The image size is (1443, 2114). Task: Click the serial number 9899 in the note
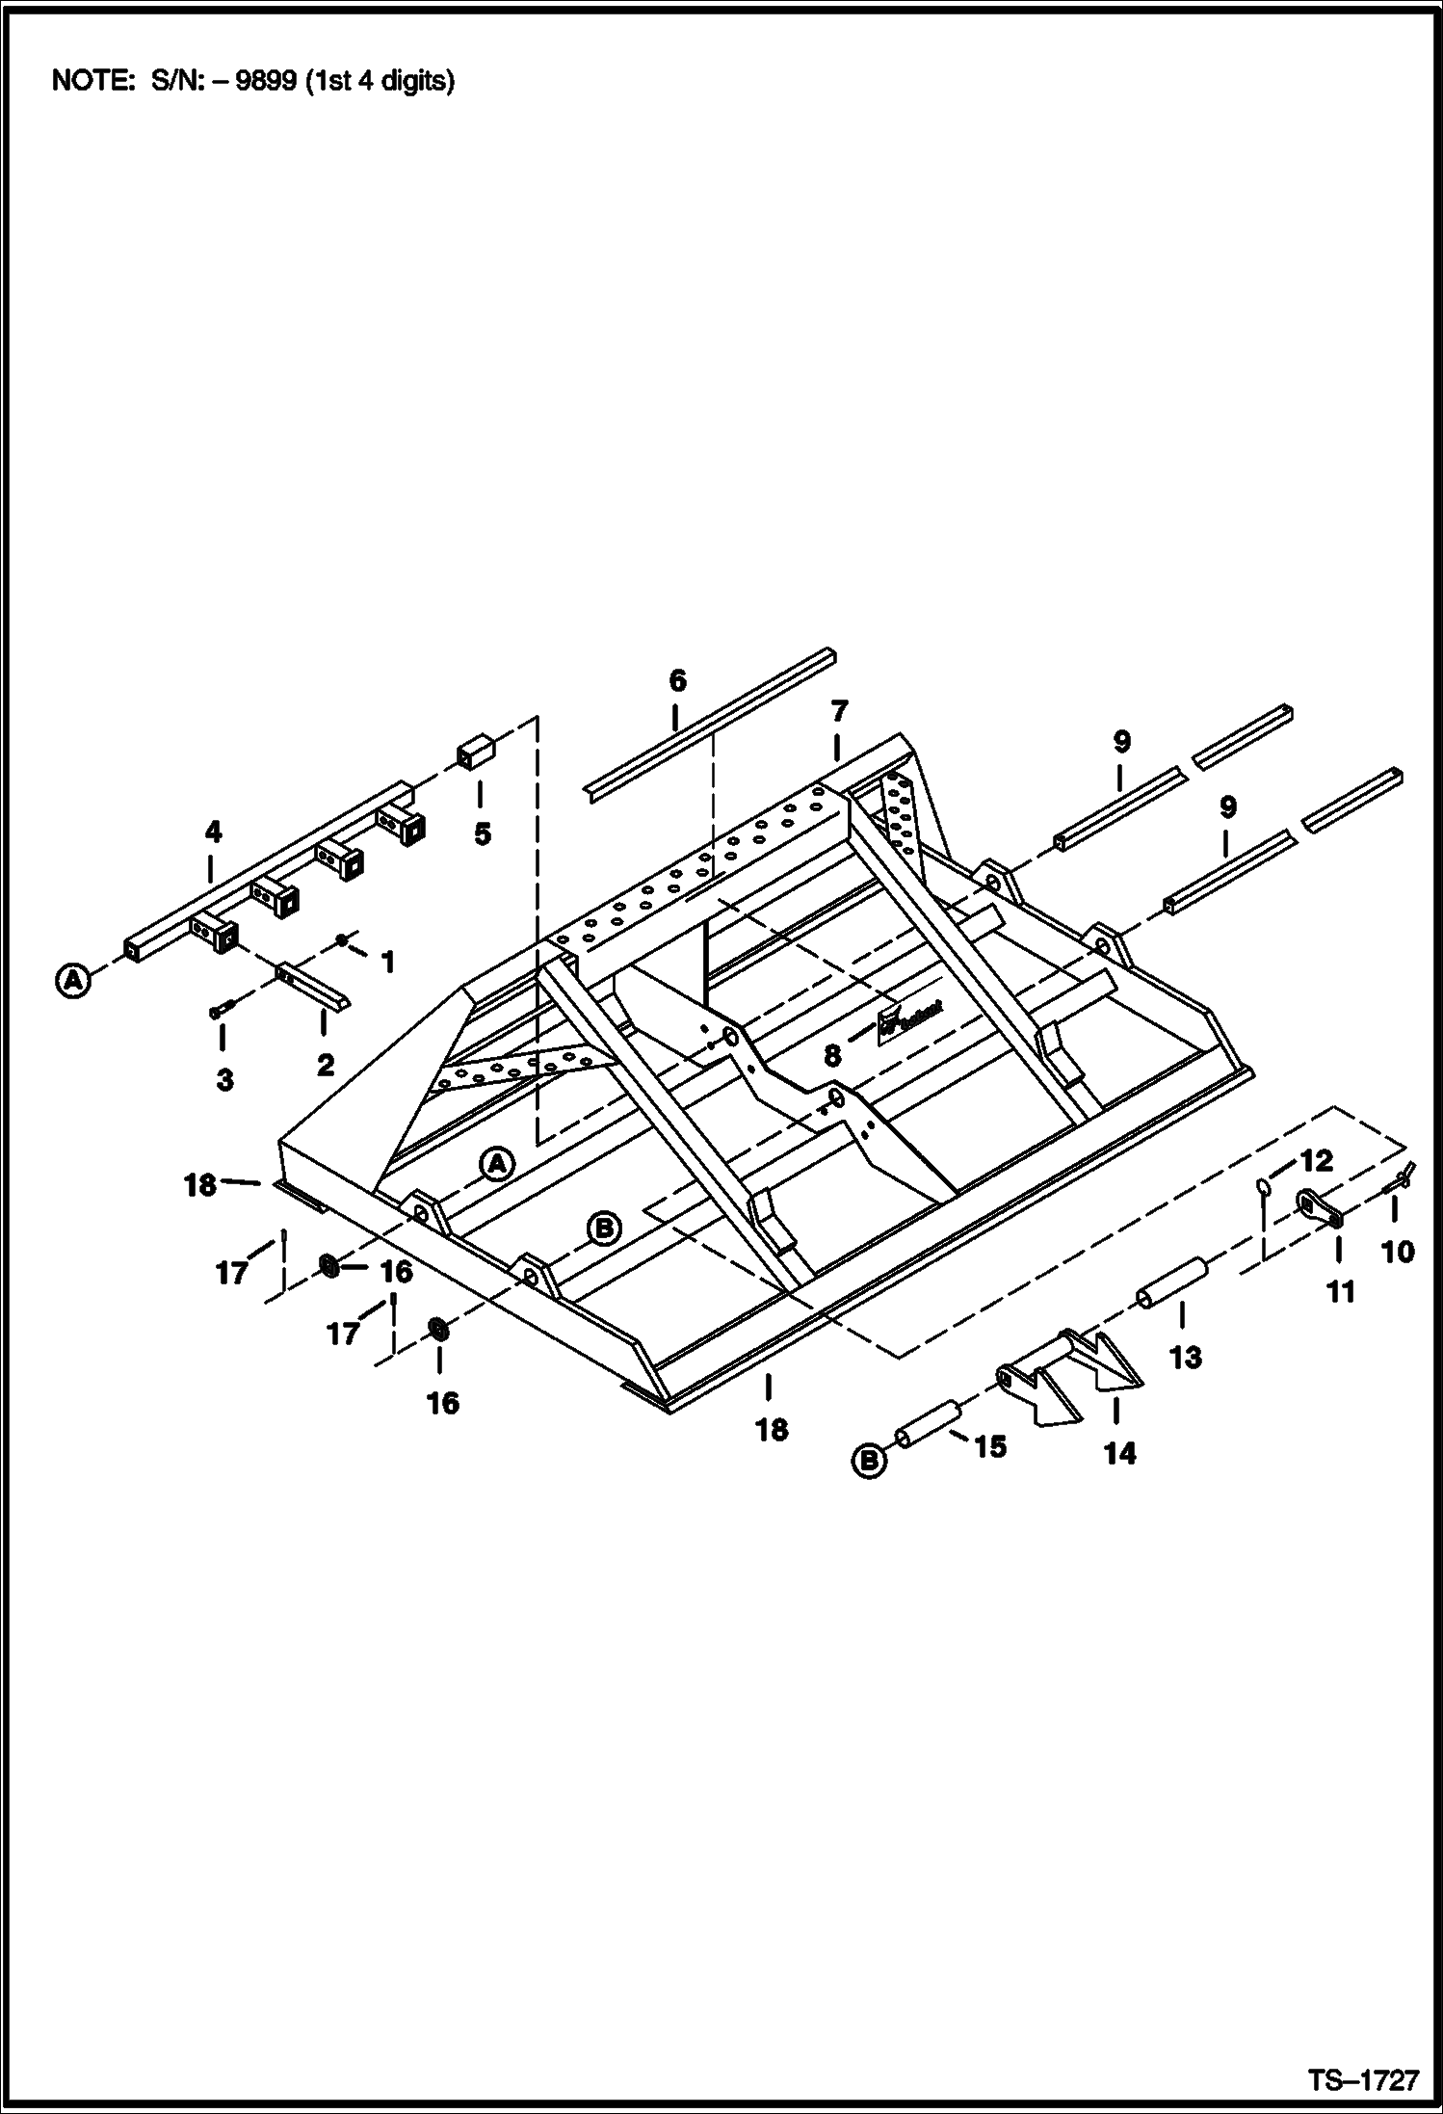[266, 81]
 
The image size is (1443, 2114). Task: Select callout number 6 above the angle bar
[677, 681]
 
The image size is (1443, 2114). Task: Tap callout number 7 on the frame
[839, 712]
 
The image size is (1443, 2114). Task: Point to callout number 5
[482, 834]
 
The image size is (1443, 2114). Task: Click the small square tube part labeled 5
[475, 753]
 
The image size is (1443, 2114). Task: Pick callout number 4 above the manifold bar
[213, 831]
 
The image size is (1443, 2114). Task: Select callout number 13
[1185, 1358]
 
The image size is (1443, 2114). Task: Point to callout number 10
[1397, 1252]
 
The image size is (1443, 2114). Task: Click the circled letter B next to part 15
[869, 1462]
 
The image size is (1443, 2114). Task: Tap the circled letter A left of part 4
[71, 981]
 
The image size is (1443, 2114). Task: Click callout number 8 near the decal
[832, 1055]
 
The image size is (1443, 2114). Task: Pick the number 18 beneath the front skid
[772, 1430]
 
